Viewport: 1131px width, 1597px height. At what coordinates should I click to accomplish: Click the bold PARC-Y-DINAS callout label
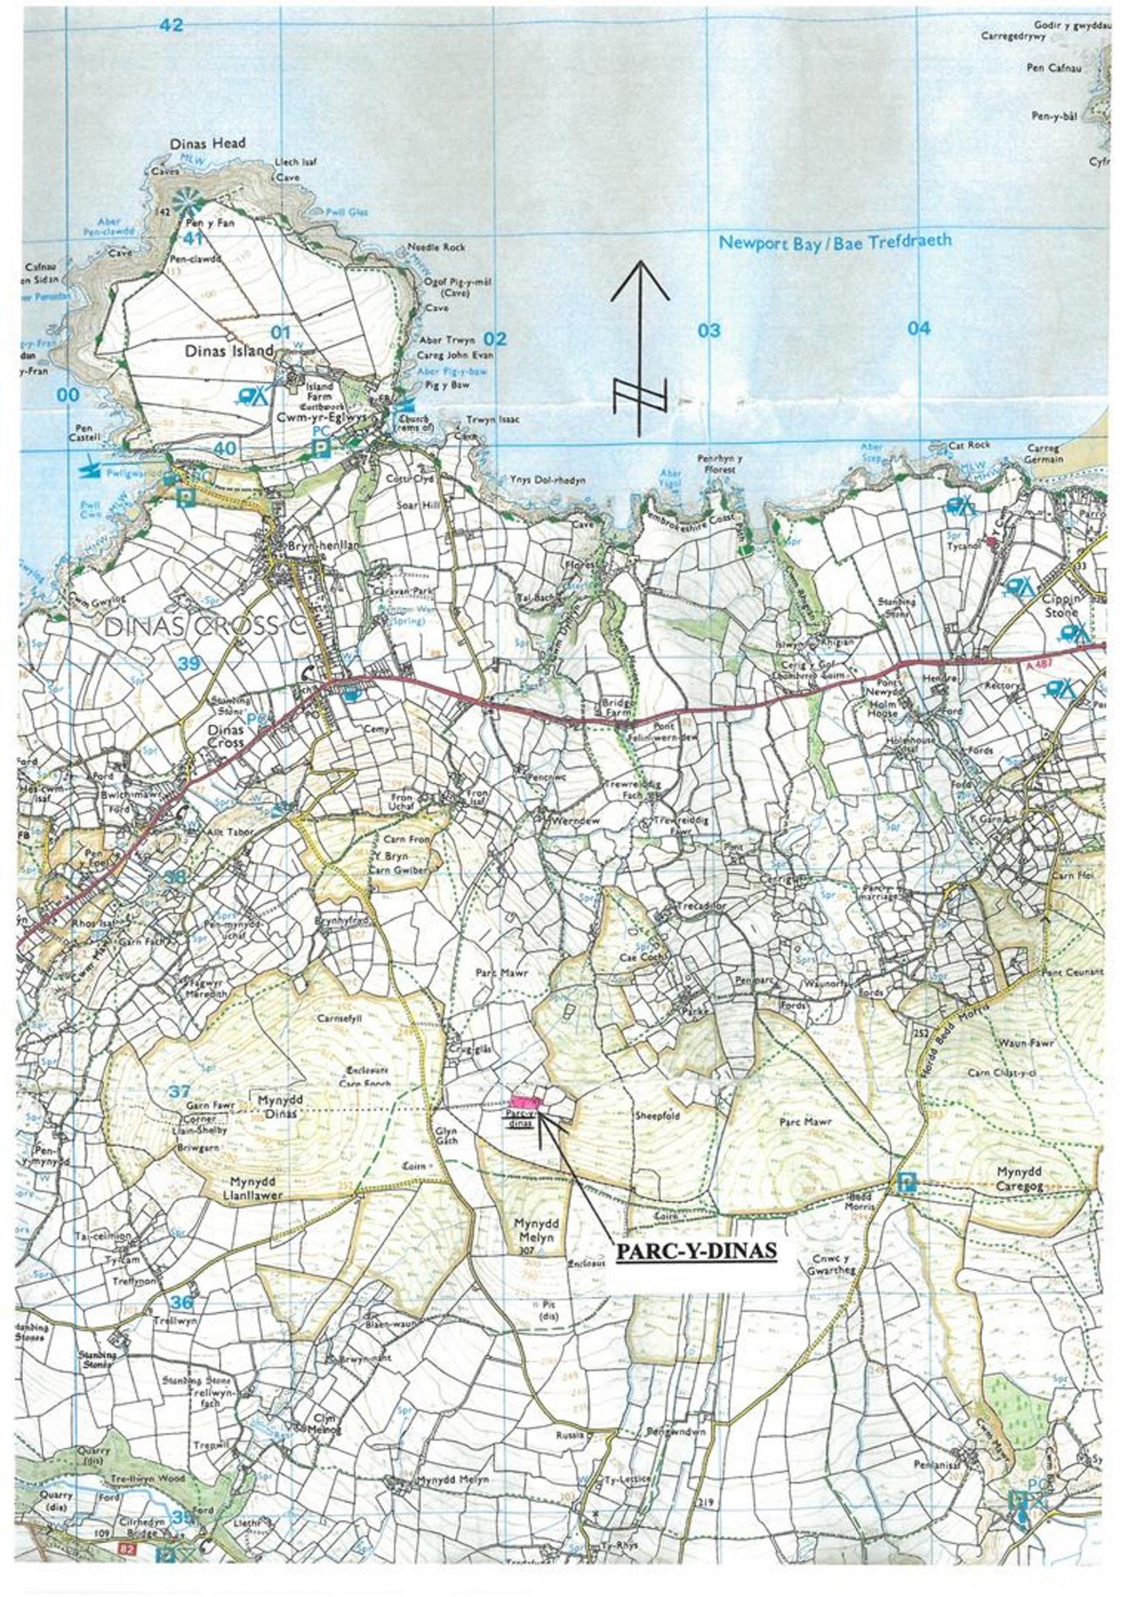pos(696,1250)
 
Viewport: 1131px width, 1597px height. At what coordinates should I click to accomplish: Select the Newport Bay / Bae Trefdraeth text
pos(834,243)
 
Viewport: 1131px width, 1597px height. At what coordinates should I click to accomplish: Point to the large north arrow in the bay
pos(640,349)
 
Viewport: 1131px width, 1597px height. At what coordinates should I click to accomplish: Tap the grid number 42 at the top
pos(171,25)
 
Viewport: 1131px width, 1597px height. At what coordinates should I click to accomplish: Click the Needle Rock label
pos(442,248)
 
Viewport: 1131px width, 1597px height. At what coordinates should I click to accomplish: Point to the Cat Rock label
pos(969,445)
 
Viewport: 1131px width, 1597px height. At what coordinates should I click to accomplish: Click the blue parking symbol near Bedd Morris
pos(907,1183)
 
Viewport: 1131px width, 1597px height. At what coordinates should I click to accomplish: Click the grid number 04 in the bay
pos(918,329)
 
